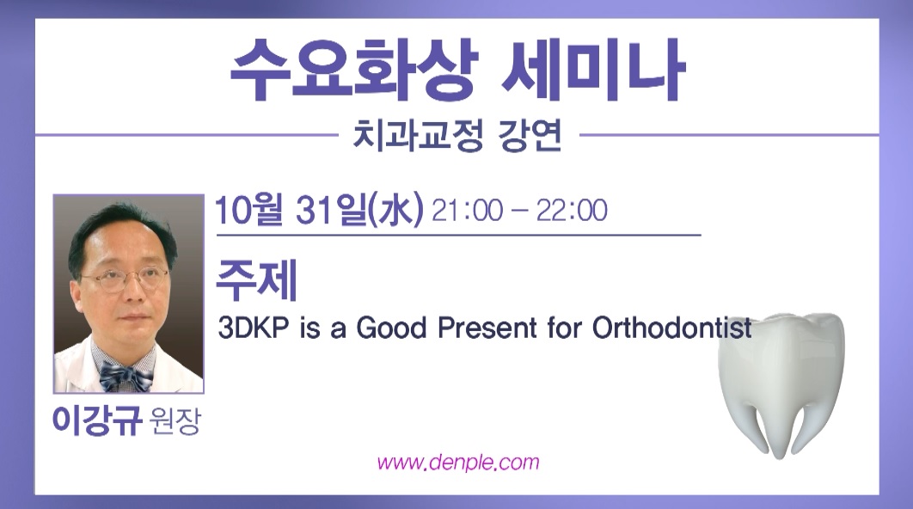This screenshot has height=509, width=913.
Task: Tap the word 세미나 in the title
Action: tap(593, 69)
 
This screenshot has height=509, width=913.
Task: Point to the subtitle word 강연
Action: tap(530, 136)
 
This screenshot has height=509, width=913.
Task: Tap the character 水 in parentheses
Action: tap(396, 210)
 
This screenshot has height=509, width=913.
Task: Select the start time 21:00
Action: tap(468, 211)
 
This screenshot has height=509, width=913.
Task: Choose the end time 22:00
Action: tap(572, 211)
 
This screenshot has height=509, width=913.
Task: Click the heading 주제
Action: tap(257, 280)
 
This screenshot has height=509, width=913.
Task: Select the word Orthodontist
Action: tap(672, 328)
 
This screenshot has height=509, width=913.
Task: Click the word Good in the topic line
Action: tap(391, 328)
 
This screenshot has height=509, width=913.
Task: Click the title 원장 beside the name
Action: tap(175, 421)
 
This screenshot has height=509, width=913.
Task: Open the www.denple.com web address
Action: tap(458, 463)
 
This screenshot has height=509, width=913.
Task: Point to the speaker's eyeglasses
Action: tap(126, 279)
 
